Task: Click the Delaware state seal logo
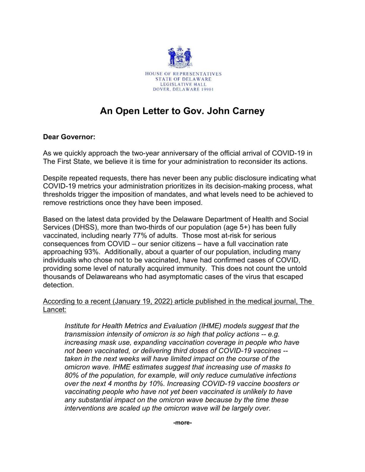click(x=180, y=57)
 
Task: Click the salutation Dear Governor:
click(x=69, y=137)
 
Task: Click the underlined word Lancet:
click(x=55, y=310)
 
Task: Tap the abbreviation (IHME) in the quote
click(x=210, y=326)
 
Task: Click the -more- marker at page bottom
click(x=182, y=423)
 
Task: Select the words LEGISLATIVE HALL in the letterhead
click(x=183, y=84)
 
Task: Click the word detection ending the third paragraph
click(x=58, y=285)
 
